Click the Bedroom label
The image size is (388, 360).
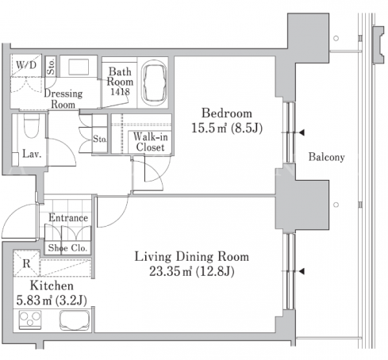(227, 113)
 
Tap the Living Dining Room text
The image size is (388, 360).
(192, 257)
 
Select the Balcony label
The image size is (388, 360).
(327, 157)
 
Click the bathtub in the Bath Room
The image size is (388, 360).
(155, 82)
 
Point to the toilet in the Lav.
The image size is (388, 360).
(32, 126)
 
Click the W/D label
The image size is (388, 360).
(26, 65)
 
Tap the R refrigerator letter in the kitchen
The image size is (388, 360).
(26, 263)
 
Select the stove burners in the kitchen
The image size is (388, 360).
(30, 320)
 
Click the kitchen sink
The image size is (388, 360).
(75, 320)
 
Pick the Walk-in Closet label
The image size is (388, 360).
(150, 142)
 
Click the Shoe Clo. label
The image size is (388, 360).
(67, 248)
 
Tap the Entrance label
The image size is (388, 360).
(68, 218)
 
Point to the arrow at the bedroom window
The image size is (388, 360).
(302, 132)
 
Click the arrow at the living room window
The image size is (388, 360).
(302, 271)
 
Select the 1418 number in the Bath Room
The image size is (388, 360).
(121, 92)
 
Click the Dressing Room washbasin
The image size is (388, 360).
(79, 67)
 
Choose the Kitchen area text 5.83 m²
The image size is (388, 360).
(34, 301)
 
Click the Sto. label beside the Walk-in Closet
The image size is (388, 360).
(100, 139)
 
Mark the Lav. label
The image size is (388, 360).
(32, 154)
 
